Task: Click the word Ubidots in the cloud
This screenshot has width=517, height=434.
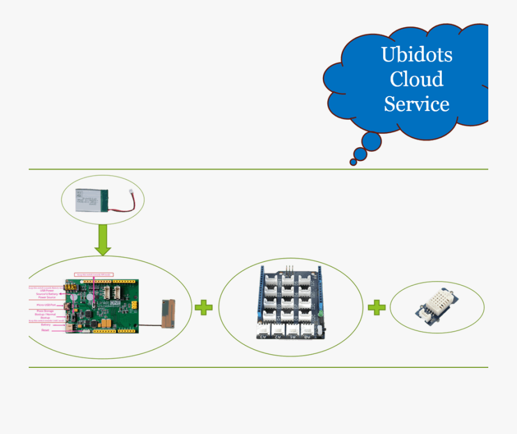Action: [416, 55]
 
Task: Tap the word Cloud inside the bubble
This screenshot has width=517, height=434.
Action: [416, 79]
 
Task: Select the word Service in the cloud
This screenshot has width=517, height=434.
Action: [416, 104]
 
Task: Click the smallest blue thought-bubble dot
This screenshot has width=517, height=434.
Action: [353, 162]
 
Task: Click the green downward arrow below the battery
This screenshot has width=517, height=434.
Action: [103, 240]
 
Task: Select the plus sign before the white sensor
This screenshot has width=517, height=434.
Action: [376, 307]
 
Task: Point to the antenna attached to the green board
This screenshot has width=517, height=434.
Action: [168, 313]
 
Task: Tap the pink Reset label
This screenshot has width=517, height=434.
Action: [45, 331]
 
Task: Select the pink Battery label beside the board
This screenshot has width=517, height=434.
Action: [45, 325]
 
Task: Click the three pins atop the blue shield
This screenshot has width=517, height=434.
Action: [290, 269]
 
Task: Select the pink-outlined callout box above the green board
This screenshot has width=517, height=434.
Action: [94, 275]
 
